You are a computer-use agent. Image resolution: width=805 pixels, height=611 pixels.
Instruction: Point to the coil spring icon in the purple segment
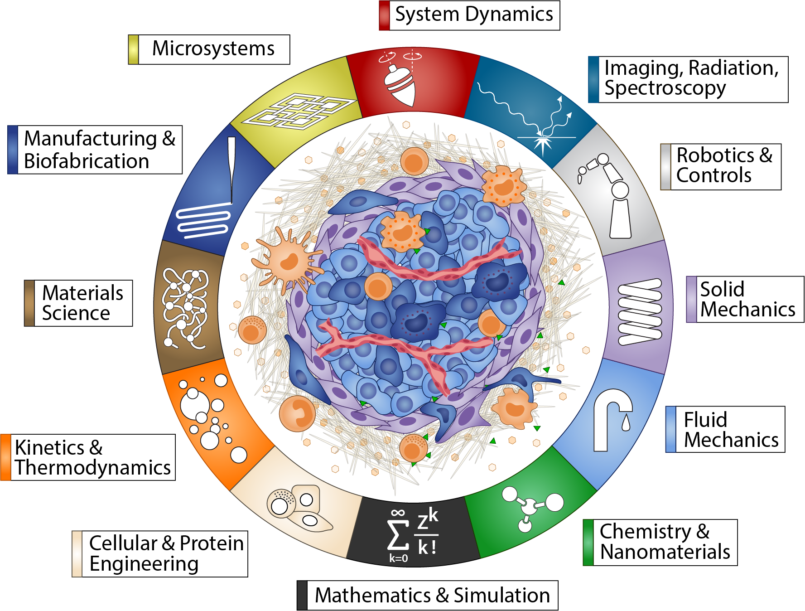point(640,312)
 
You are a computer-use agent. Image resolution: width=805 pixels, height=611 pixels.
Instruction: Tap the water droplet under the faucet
point(626,423)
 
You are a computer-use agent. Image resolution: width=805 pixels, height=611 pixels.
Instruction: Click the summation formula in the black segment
point(412,535)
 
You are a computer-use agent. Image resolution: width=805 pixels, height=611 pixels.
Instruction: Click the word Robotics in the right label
point(715,155)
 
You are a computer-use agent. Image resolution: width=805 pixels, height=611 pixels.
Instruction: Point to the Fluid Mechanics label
point(730,429)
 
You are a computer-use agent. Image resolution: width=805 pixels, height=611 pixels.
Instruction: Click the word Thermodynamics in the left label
point(93,468)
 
